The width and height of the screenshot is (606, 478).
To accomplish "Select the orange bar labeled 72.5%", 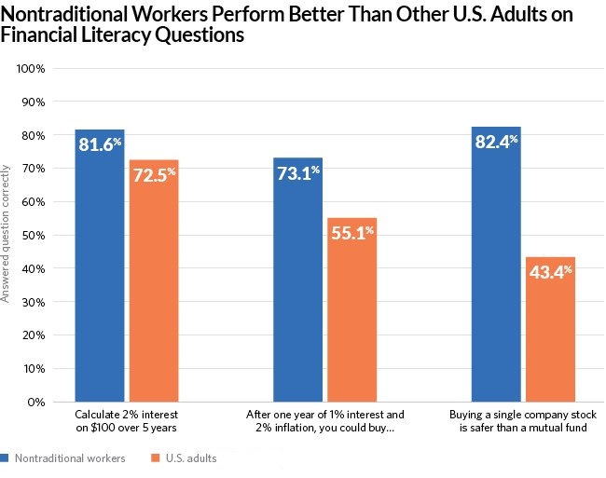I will point(153,280).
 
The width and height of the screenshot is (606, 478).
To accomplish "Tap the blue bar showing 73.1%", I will point(297,280).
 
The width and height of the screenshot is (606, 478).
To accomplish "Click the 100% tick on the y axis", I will point(32,69).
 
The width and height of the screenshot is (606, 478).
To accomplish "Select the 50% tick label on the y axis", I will point(34,236).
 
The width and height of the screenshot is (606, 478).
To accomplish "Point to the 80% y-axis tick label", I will point(34,136).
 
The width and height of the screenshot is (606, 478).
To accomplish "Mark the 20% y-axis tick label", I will point(34,335).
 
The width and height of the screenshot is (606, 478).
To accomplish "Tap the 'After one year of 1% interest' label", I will point(324,414).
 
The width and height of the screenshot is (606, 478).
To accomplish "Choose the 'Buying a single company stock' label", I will point(522,414).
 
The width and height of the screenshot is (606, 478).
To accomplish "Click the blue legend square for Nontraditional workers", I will point(5,458).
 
